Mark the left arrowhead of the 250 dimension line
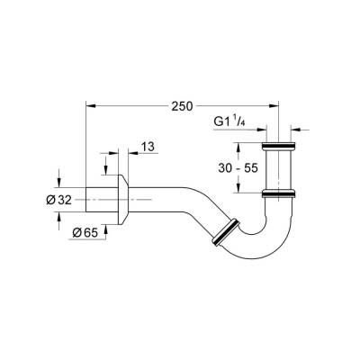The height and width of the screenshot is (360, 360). (90, 104)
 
